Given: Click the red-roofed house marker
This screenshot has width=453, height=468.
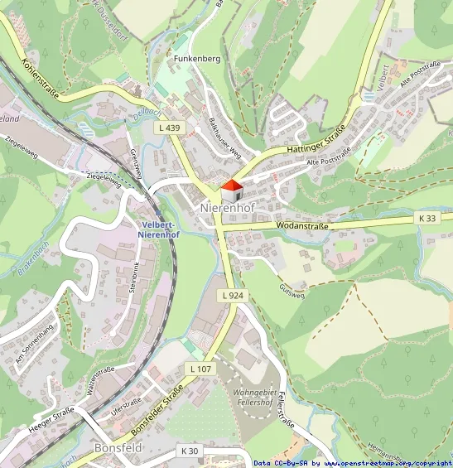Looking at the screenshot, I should [x=233, y=191].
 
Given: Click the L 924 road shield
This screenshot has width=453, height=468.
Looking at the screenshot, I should [x=233, y=295].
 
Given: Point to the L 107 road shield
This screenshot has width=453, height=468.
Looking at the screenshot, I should [x=200, y=368].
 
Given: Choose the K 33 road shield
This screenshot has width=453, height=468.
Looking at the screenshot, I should [x=426, y=218].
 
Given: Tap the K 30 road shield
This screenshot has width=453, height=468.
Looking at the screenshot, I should [x=190, y=451].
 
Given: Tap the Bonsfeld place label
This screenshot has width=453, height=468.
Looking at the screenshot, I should [x=118, y=447].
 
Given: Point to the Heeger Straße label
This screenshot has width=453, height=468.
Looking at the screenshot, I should [x=51, y=422].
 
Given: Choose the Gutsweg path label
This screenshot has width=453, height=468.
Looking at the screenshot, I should [x=292, y=290].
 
